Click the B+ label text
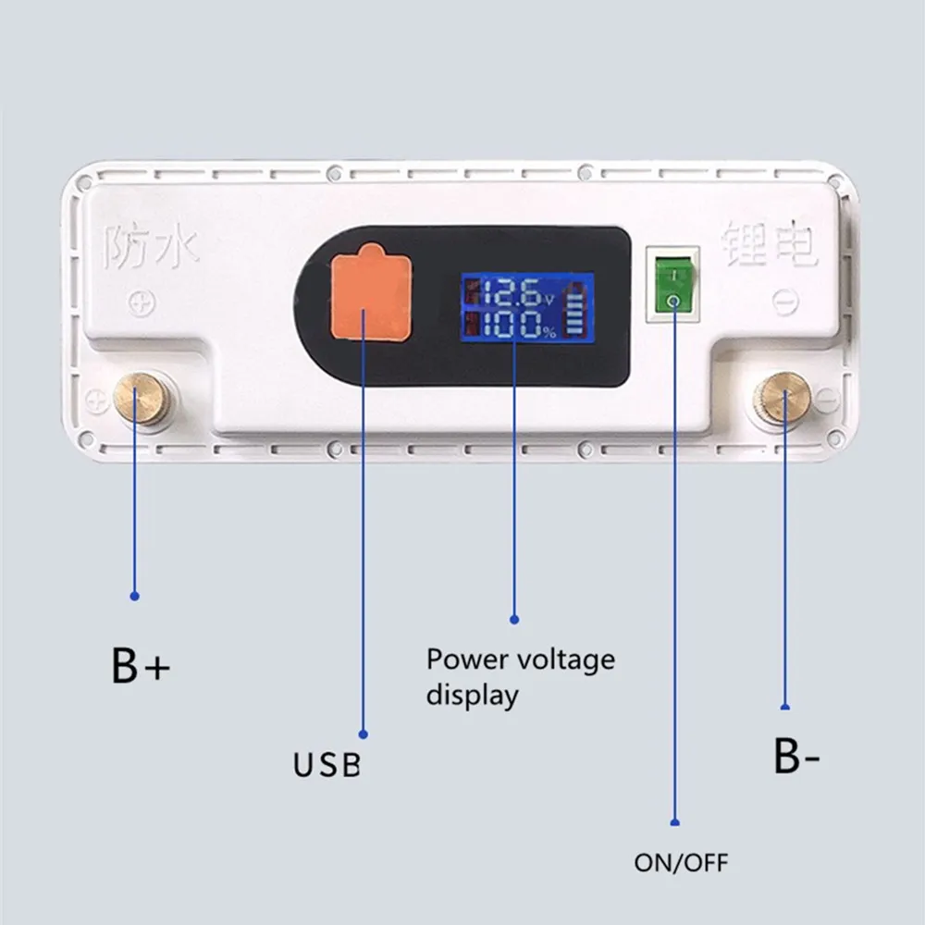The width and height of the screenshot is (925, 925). [x=141, y=667]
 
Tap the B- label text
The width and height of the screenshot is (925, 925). [x=795, y=757]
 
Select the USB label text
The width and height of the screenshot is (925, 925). [x=327, y=765]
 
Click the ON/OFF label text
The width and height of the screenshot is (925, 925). [x=681, y=864]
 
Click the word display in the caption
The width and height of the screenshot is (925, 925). [x=472, y=695]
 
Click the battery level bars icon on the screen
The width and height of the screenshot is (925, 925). [x=578, y=313]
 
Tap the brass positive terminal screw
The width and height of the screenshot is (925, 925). [x=141, y=399]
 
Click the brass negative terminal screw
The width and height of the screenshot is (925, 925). [x=783, y=399]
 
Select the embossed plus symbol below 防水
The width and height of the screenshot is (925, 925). [x=142, y=302]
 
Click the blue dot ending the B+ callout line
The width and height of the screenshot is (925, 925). [x=135, y=597]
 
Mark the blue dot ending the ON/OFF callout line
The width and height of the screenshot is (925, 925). [x=675, y=821]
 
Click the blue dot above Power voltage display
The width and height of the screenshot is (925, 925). [x=514, y=619]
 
